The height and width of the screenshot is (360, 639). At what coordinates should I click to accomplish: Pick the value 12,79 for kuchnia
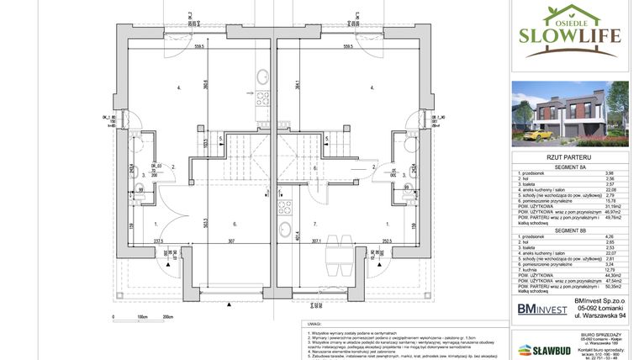(x=610, y=269)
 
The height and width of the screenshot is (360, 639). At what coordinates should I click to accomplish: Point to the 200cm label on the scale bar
(x=169, y=318)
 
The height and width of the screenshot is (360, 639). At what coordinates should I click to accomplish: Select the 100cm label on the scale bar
(x=141, y=318)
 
